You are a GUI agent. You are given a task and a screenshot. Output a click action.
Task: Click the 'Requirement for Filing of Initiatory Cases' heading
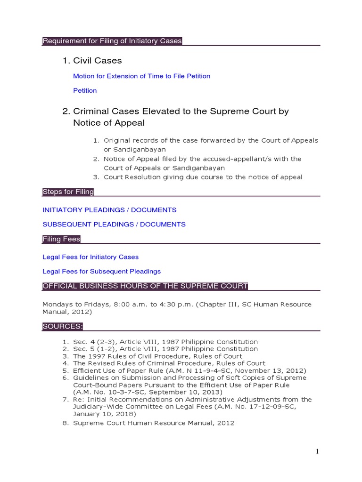coord(112,41)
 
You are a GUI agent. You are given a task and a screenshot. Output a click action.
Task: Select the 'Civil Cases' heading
coord(98,61)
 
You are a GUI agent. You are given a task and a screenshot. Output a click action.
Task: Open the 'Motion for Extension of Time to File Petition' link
coord(141,76)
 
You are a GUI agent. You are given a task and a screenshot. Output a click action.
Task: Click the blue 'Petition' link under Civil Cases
coord(85,90)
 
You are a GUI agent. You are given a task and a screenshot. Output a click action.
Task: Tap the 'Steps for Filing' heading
coord(68,192)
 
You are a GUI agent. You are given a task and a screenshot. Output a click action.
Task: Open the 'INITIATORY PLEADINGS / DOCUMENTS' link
coord(109,210)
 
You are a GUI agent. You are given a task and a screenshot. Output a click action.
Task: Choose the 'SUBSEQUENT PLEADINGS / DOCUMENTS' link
coord(114,225)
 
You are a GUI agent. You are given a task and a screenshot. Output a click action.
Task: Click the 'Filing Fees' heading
coord(61,239)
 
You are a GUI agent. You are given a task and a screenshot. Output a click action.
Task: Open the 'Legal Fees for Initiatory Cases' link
coord(90,257)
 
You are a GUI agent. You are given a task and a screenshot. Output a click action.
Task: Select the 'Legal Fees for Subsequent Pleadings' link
coord(101,272)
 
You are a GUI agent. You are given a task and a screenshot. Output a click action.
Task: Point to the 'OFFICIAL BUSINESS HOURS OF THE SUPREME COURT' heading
coord(145,286)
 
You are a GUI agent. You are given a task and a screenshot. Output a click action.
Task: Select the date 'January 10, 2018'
coord(104,414)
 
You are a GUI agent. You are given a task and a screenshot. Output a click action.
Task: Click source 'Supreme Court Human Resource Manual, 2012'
coord(154,423)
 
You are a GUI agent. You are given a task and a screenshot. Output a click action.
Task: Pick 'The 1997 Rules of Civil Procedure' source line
coord(158,356)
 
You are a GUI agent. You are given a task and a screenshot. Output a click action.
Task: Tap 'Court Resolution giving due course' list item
coord(203,177)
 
